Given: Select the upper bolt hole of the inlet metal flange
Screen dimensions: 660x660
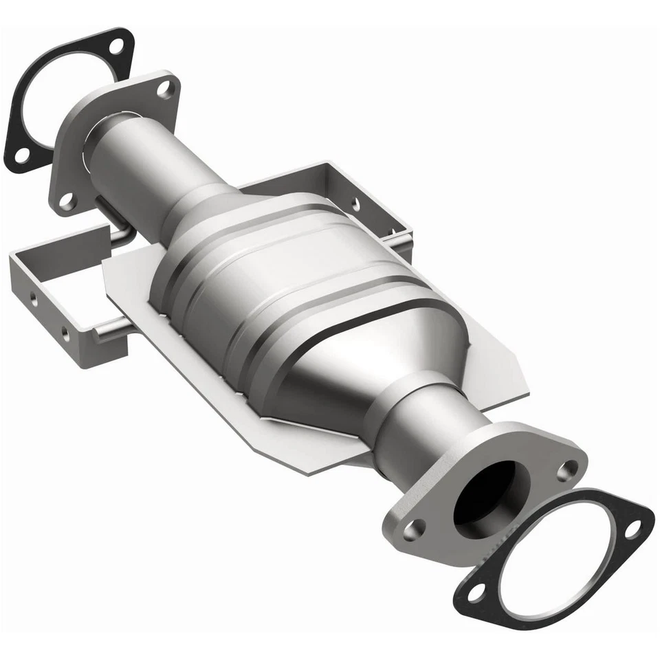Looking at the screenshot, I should click(165, 88).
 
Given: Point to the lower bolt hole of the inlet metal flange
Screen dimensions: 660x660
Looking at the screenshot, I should click(67, 201).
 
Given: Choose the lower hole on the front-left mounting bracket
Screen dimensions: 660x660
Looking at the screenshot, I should click(65, 335).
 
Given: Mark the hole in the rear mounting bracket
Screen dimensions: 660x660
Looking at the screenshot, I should click(355, 203).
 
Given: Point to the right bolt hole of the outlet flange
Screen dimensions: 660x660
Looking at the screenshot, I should click(567, 470).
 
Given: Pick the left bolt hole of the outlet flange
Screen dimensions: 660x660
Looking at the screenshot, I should click(414, 529).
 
